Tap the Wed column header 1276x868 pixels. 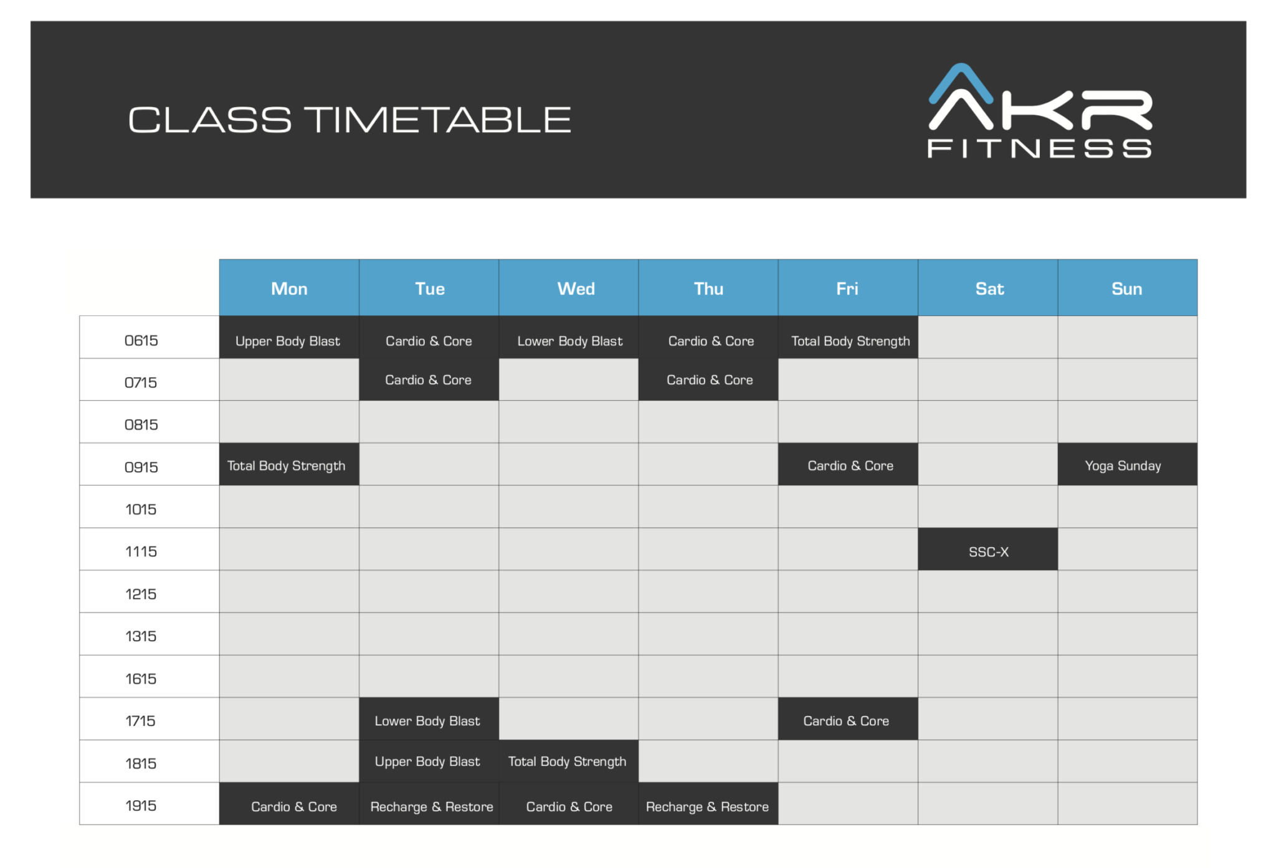[x=576, y=289]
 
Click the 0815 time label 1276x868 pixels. [x=141, y=424]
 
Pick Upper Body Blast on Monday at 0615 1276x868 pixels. [x=288, y=340]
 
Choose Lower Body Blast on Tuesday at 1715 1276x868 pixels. [x=427, y=720]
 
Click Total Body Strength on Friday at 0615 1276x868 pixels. [x=850, y=340]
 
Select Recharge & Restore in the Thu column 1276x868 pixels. [x=707, y=806]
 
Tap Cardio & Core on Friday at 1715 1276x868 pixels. [x=846, y=720]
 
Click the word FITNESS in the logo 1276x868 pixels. [x=1039, y=149]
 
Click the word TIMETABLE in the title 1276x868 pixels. [x=440, y=120]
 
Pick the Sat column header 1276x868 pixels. [x=989, y=289]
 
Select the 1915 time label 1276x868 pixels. [x=141, y=805]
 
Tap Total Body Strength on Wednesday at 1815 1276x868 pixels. [x=567, y=761]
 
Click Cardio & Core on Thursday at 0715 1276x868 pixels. [x=710, y=379]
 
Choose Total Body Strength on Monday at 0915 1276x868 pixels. [x=287, y=465]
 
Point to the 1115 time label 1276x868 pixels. [x=141, y=551]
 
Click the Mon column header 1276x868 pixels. [x=289, y=289]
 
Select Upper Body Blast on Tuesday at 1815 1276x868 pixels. [x=427, y=761]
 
